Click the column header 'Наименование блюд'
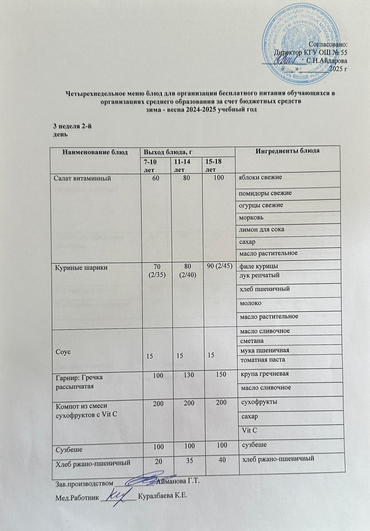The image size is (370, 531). pyautogui.click(x=94, y=152)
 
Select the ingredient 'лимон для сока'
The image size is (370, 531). pyautogui.click(x=261, y=230)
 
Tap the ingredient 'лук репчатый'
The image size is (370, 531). pyautogui.click(x=260, y=276)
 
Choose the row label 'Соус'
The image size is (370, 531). pyautogui.click(x=61, y=352)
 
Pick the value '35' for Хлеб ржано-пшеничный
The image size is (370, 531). pyautogui.click(x=187, y=460)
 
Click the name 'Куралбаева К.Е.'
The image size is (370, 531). pyautogui.click(x=163, y=497)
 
